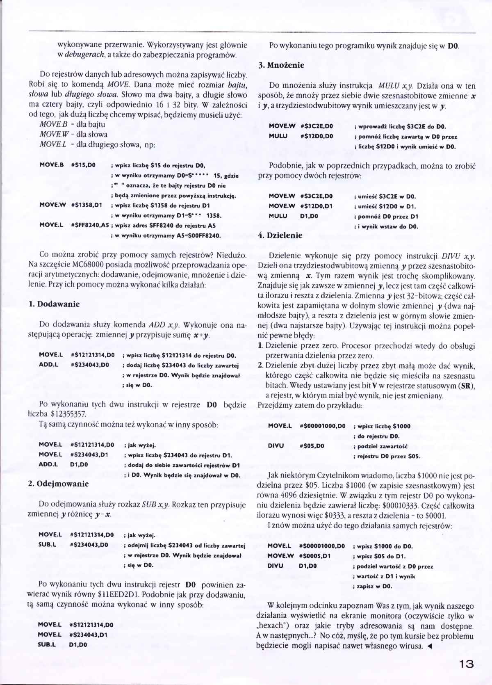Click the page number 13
pos(464,664)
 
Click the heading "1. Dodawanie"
pos(54,304)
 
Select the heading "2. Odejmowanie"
pos(58,484)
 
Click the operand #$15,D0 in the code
pos(83,165)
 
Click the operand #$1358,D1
pos(86,205)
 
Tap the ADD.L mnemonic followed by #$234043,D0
pos(48,365)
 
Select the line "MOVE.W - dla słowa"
pos(73,134)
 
